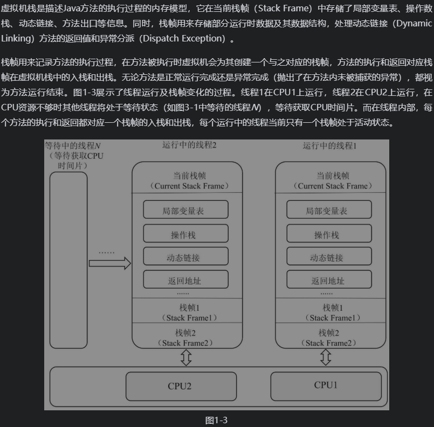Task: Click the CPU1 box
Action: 326,385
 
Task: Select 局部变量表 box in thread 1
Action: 329,210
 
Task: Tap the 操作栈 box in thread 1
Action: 329,234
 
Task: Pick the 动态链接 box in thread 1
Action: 329,257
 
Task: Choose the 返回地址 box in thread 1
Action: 329,280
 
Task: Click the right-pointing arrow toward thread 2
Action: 109,263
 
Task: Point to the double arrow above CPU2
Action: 187,356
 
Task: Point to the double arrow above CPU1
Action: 326,356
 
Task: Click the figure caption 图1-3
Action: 216,420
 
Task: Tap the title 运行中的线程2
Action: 189,130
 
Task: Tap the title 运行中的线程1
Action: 330,130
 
